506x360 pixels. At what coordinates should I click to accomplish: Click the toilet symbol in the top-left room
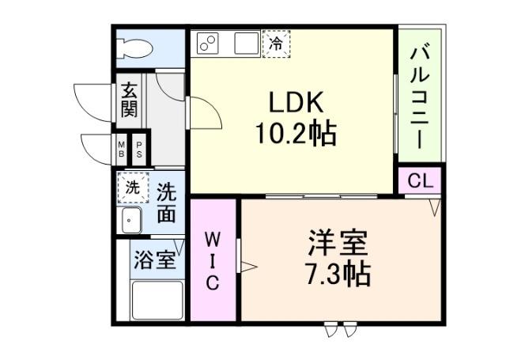tap(134, 47)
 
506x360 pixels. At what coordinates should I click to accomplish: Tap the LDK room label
tap(295, 102)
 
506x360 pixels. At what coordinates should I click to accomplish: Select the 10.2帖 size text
tap(295, 133)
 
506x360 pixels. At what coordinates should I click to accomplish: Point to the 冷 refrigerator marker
tap(276, 44)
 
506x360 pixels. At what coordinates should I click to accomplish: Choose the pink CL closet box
tap(420, 180)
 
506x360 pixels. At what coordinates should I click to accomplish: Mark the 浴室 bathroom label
tap(155, 260)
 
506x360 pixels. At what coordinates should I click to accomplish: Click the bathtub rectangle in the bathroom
tap(157, 301)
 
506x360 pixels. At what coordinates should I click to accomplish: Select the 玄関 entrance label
tap(129, 98)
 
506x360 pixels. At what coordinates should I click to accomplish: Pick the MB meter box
tap(122, 149)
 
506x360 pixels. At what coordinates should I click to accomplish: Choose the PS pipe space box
tap(139, 149)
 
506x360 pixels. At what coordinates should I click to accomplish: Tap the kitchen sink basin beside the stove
tap(247, 43)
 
